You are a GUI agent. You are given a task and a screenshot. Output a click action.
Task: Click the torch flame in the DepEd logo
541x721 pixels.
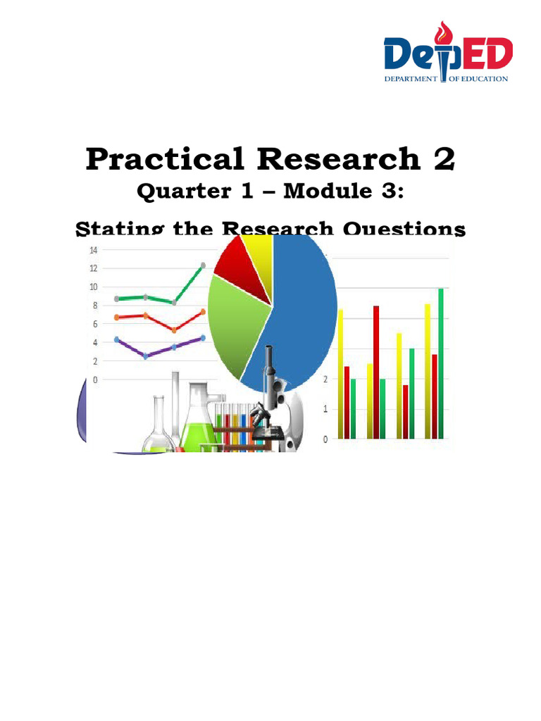444,32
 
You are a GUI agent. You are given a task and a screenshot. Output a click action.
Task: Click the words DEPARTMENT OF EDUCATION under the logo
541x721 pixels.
445,79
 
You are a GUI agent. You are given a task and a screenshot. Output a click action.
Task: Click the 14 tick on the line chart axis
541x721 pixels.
93,250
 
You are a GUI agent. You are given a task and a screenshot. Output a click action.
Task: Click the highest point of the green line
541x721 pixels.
203,265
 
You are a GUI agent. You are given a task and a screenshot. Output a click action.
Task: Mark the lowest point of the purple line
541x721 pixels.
145,356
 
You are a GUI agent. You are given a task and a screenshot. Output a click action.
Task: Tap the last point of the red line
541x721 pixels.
203,311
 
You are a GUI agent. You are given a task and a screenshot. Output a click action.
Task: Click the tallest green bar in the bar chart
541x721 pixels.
441,363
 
